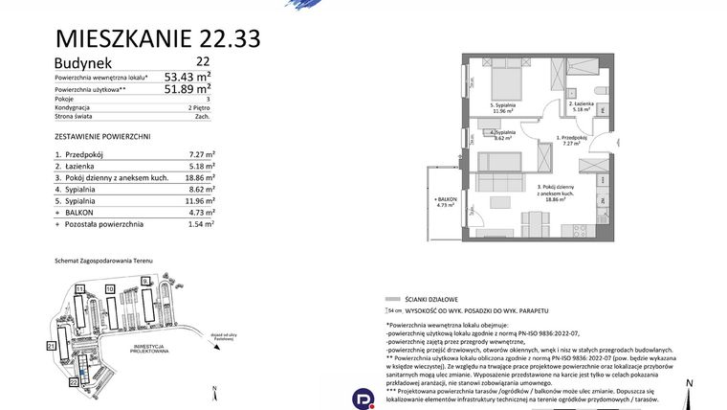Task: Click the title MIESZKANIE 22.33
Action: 158,38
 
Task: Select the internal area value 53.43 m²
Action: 187,77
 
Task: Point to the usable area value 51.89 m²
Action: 187,89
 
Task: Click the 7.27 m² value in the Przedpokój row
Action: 200,153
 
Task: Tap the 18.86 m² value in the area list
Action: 198,177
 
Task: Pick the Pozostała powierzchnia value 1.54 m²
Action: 200,223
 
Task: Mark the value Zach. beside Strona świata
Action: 203,117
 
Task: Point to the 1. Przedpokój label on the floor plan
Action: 573,140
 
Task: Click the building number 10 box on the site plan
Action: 110,287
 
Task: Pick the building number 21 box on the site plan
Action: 51,344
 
